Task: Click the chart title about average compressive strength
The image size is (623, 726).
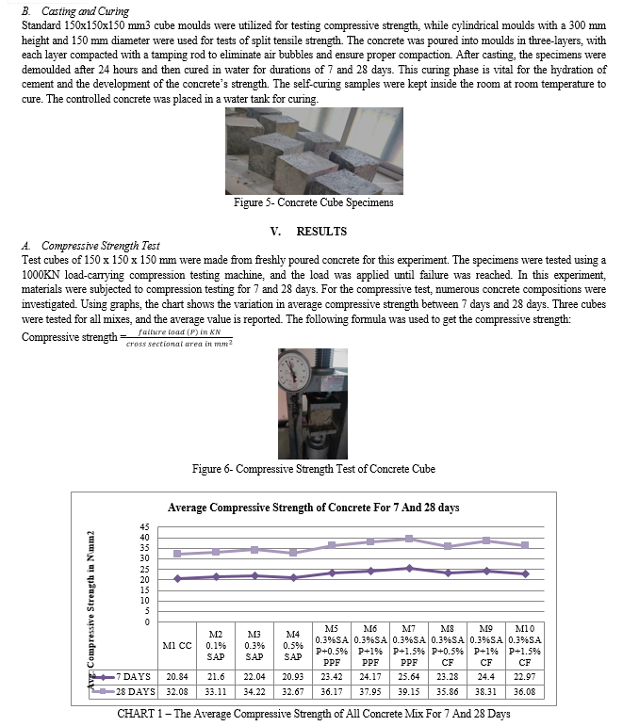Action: tap(314, 508)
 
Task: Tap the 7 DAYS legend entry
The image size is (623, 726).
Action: tap(130, 677)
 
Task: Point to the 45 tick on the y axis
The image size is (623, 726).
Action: tap(144, 527)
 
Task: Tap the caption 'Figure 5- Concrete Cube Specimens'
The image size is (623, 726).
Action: tap(313, 202)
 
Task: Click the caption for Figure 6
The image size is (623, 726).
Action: tap(313, 469)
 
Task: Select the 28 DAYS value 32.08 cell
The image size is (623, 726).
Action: tap(175, 691)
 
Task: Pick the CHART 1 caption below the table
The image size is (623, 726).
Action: tap(313, 713)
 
